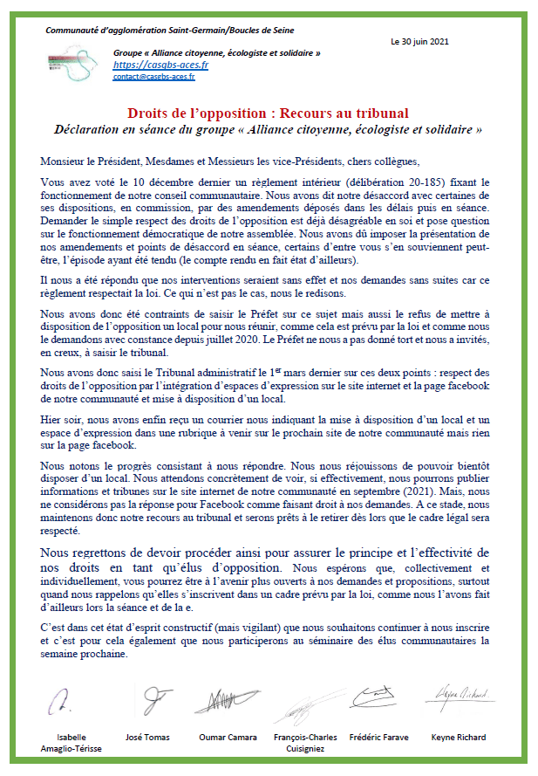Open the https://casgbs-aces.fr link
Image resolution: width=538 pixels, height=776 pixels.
pos(149,65)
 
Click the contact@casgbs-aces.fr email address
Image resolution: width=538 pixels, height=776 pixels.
pos(153,77)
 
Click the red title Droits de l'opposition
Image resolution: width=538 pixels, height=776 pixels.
pos(268,113)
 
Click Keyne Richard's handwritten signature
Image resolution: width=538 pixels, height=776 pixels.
pos(460,694)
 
